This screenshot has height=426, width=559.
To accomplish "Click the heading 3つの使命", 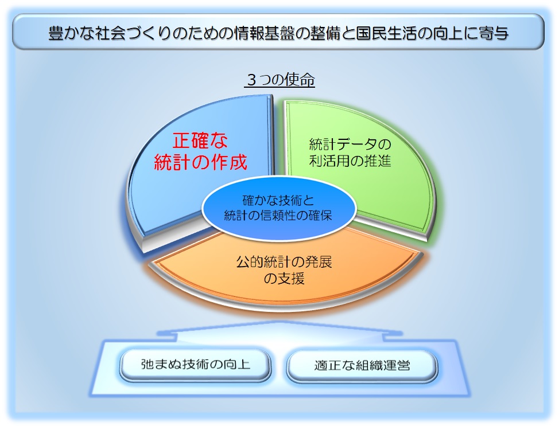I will pyautogui.click(x=280, y=80).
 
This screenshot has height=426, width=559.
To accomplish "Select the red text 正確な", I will pyautogui.click(x=200, y=141).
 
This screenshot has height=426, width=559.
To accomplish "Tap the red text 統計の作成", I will pyautogui.click(x=201, y=162).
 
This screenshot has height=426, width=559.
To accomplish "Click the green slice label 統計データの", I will pyautogui.click(x=350, y=143).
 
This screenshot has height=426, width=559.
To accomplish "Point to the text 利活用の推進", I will pyautogui.click(x=350, y=161).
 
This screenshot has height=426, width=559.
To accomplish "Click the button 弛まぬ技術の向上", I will pyautogui.click(x=196, y=364).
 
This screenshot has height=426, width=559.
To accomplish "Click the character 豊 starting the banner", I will pyautogui.click(x=56, y=33).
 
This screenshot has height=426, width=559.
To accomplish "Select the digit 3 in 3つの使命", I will pyautogui.click(x=252, y=80).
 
